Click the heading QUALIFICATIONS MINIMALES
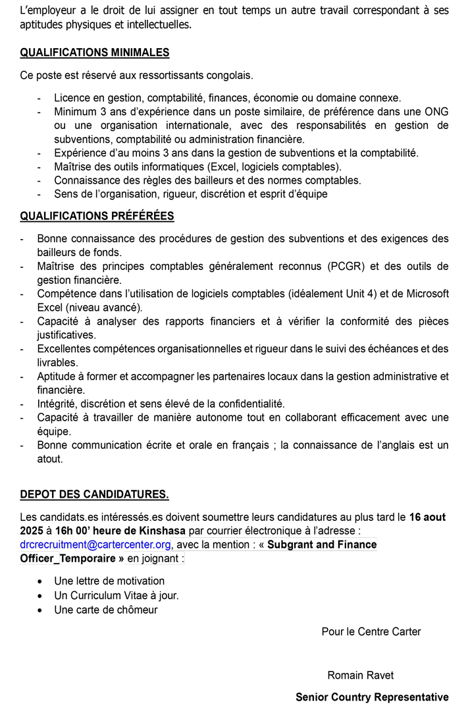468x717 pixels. pyautogui.click(x=94, y=53)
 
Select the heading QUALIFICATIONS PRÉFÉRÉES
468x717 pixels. pyautogui.click(x=97, y=216)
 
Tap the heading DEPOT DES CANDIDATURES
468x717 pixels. pyautogui.click(x=94, y=494)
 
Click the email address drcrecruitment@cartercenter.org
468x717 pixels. pyautogui.click(x=95, y=544)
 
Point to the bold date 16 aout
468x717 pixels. pyautogui.click(x=429, y=517)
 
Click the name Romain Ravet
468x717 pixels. pyautogui.click(x=361, y=676)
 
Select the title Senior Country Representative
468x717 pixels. pyautogui.click(x=372, y=697)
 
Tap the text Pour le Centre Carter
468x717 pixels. pyautogui.click(x=371, y=631)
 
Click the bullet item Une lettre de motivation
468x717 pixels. pyautogui.click(x=109, y=581)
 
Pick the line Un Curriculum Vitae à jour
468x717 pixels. pyautogui.click(x=117, y=595)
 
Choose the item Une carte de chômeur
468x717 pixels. pyautogui.click(x=106, y=610)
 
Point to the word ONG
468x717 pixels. pyautogui.click(x=436, y=111)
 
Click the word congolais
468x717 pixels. pyautogui.click(x=230, y=75)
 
